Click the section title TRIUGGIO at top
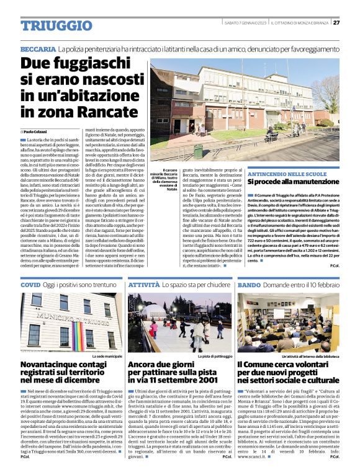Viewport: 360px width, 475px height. click(48, 25)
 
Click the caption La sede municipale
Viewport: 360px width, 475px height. click(107, 357)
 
